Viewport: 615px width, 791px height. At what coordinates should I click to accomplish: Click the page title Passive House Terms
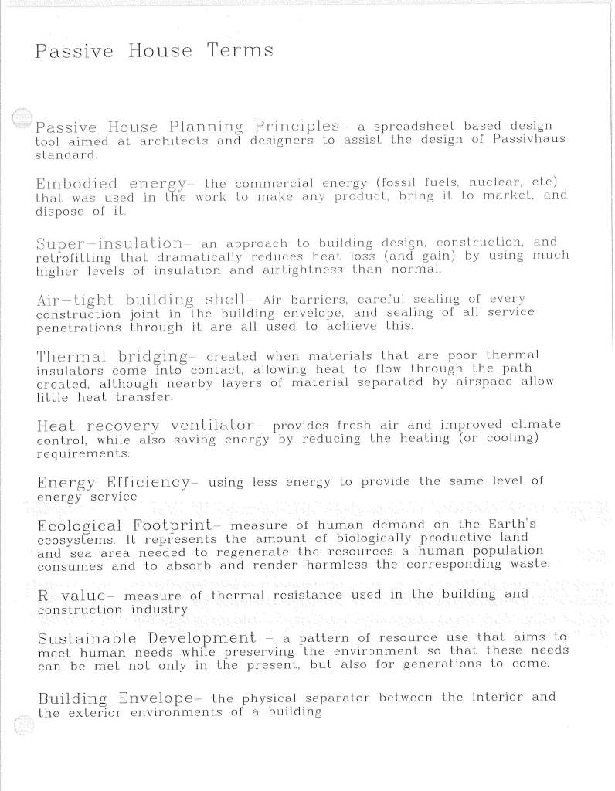pyautogui.click(x=155, y=52)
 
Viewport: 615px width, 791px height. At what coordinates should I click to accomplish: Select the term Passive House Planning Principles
pyautogui.click(x=188, y=127)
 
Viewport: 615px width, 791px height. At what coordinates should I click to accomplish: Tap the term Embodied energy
pyautogui.click(x=111, y=184)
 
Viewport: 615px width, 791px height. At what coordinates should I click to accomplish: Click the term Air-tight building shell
pyautogui.click(x=144, y=300)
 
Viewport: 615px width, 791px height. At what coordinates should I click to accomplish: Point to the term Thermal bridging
pyautogui.click(x=113, y=357)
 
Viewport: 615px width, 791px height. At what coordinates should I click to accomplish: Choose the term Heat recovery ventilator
pyautogui.click(x=145, y=426)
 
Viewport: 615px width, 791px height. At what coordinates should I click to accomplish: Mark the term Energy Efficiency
pyautogui.click(x=113, y=484)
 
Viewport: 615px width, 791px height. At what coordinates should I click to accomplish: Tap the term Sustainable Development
pyautogui.click(x=146, y=639)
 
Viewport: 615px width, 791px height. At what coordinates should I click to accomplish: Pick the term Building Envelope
pyautogui.click(x=115, y=699)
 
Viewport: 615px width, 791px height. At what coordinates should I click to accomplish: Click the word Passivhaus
pyautogui.click(x=532, y=140)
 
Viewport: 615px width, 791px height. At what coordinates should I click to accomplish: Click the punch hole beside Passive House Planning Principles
pyautogui.click(x=24, y=117)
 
